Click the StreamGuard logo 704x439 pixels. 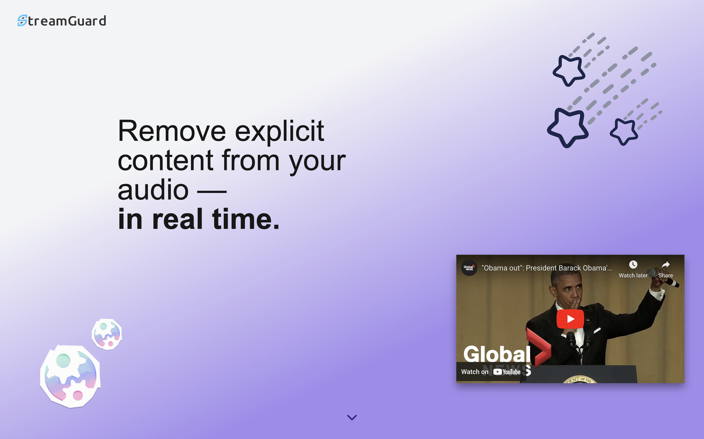tap(62, 21)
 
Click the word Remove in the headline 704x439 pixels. tap(172, 131)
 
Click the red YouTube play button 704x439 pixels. tap(570, 319)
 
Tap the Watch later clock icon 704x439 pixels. tap(633, 265)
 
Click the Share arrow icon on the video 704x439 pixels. tap(665, 265)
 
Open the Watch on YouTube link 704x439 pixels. tap(491, 372)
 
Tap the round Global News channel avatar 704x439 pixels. tap(469, 268)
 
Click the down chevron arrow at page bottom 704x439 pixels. tap(352, 418)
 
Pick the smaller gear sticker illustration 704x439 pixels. tap(107, 334)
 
